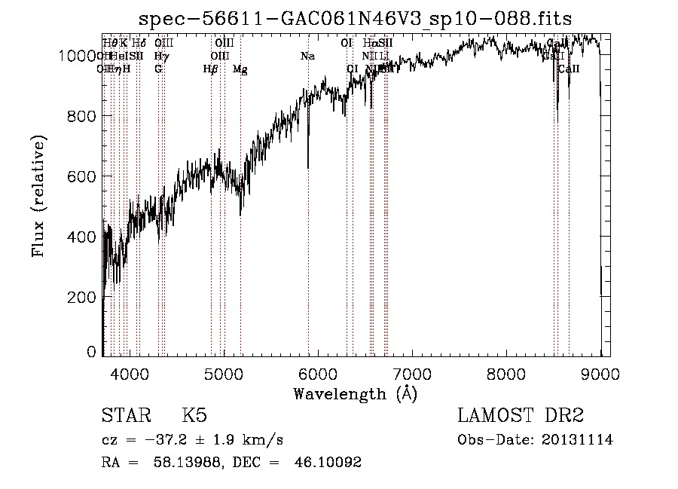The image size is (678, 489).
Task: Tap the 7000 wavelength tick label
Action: (x=412, y=373)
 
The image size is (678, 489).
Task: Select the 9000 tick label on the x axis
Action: (x=600, y=373)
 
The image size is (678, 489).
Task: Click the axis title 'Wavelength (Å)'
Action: (x=356, y=393)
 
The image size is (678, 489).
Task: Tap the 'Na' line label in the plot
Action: (x=307, y=56)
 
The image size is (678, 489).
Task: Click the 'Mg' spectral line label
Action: (x=240, y=69)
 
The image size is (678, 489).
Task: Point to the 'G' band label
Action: (x=158, y=69)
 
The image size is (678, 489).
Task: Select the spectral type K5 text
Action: (x=194, y=416)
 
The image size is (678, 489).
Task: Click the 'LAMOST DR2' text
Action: (x=521, y=416)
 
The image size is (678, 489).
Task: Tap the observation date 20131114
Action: (x=579, y=440)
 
